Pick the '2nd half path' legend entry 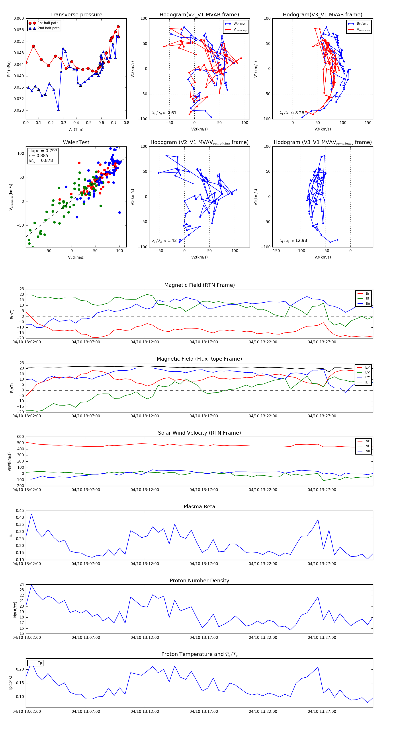pos(49,28)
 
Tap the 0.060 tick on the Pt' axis pos(19,18)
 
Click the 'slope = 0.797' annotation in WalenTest pos(43,151)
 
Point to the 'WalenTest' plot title pos(76,142)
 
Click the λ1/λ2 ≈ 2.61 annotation pos(164,113)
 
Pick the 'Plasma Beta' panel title pos(199,507)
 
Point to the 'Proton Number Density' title pos(199,581)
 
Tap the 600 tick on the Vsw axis pos(20,437)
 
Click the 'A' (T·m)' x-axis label pos(76,129)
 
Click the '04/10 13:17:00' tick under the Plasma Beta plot pos(204,564)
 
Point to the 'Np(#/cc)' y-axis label pos(15,610)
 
